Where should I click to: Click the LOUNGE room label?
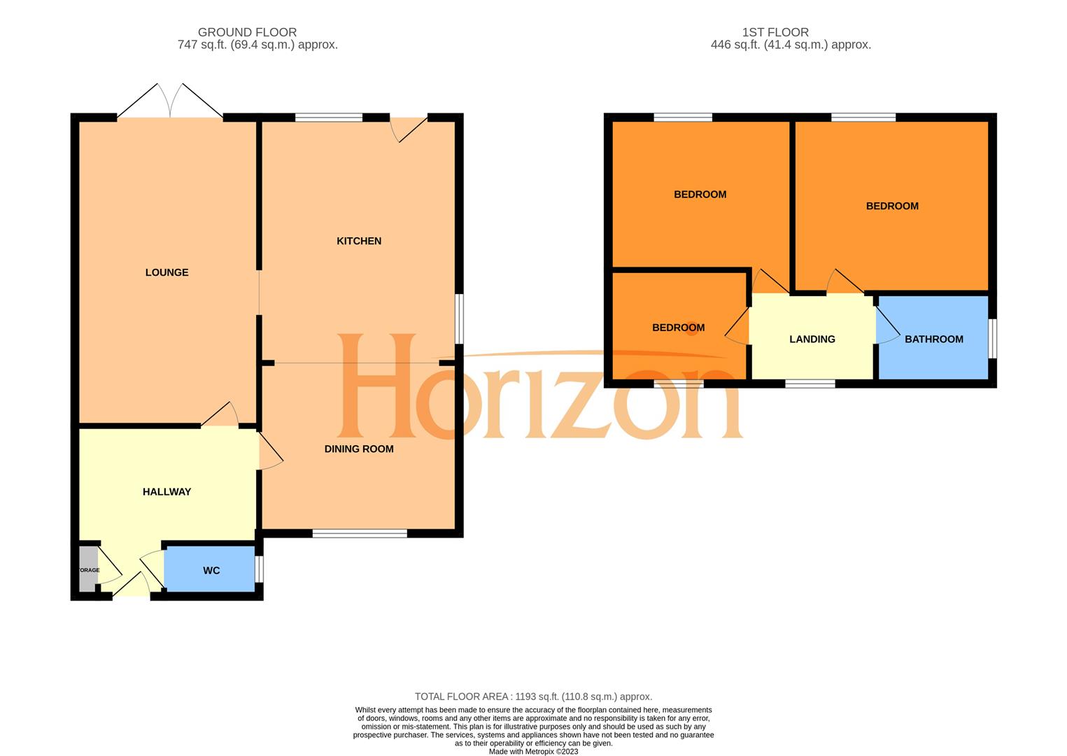click(167, 272)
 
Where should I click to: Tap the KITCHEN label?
click(359, 241)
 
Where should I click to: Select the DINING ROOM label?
click(359, 449)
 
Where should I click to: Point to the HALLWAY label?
click(167, 491)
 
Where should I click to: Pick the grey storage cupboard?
click(88, 569)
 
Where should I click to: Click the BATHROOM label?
click(933, 339)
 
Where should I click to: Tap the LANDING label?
click(812, 339)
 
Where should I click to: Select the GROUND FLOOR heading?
click(247, 32)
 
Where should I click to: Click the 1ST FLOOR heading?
click(775, 32)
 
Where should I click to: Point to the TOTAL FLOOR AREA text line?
click(533, 696)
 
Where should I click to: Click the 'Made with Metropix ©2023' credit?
click(533, 752)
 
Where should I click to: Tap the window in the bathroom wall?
click(992, 339)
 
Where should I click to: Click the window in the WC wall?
click(260, 569)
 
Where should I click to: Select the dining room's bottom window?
click(360, 533)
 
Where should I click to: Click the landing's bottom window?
click(810, 383)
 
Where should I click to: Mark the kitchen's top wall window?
click(329, 117)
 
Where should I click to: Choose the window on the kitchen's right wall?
click(459, 318)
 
